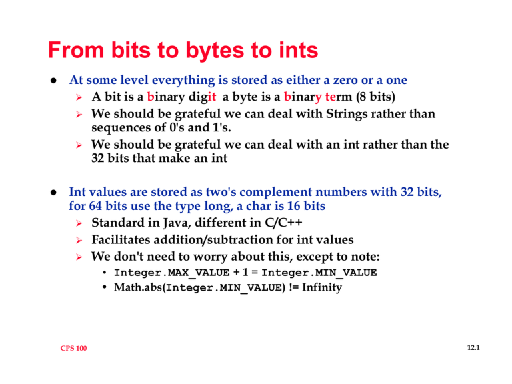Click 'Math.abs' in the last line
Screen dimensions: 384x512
coord(138,289)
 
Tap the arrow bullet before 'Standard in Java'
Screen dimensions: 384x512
coord(80,225)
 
